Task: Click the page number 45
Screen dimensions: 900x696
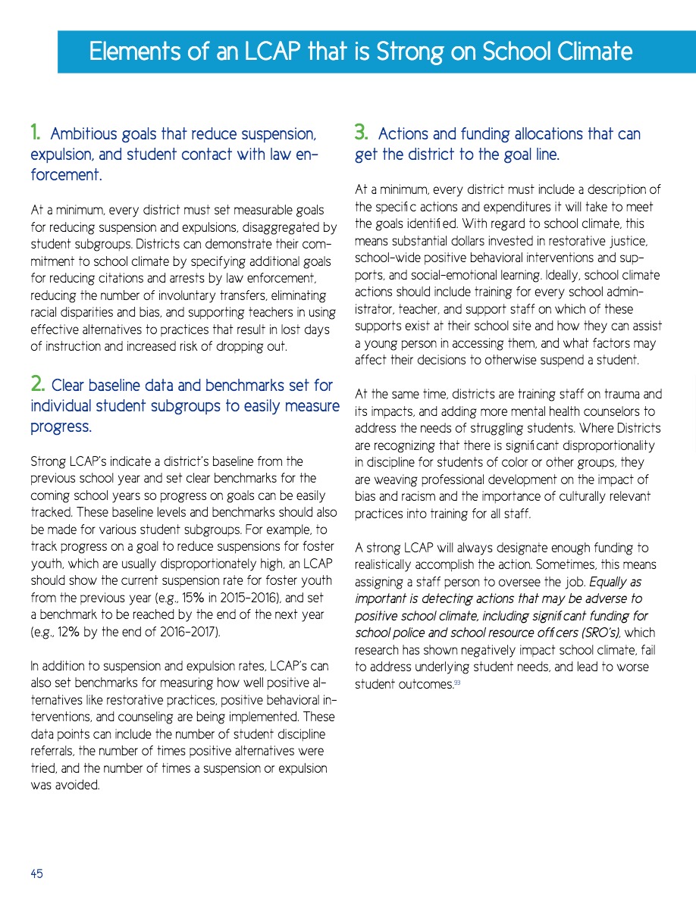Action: tap(36, 873)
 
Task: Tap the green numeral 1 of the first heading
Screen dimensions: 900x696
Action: tap(35, 134)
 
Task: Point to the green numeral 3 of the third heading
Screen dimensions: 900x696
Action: tap(362, 134)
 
